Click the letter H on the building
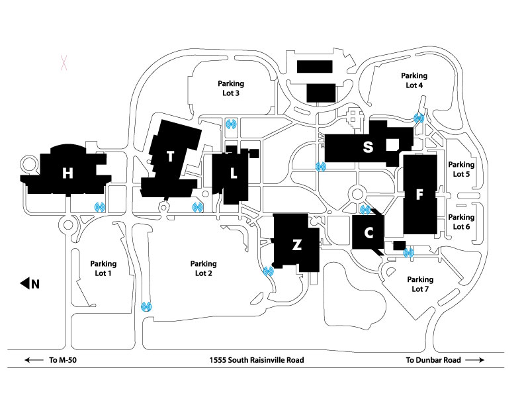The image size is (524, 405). (x=67, y=173)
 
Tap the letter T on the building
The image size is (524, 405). (x=171, y=157)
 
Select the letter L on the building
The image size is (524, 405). (x=233, y=173)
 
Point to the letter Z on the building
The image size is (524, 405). (x=297, y=245)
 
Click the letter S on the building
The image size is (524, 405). (x=367, y=148)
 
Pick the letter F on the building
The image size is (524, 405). (x=419, y=195)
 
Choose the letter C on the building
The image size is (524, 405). (x=369, y=233)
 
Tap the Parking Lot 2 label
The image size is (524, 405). (x=203, y=267)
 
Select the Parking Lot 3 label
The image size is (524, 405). (x=231, y=88)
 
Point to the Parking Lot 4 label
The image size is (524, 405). (x=414, y=80)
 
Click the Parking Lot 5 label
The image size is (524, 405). (x=461, y=169)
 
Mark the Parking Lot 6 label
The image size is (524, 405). (x=461, y=222)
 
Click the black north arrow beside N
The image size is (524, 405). (x=25, y=284)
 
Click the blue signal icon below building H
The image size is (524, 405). (x=100, y=207)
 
